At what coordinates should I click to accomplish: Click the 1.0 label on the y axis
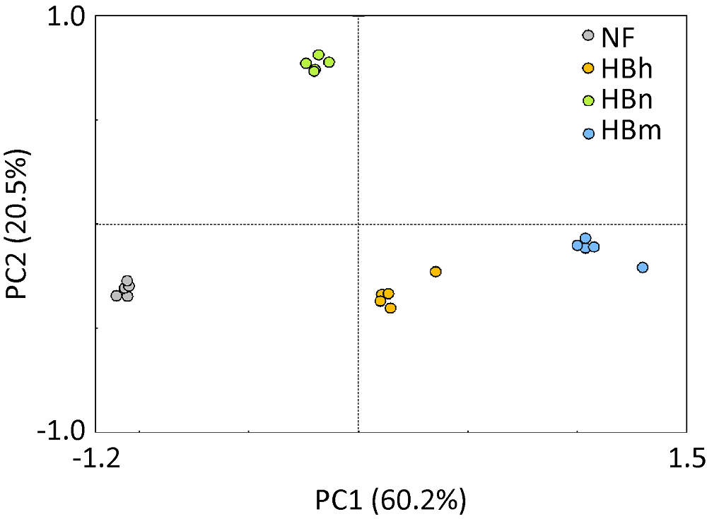(66, 16)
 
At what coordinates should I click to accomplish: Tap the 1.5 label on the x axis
(687, 459)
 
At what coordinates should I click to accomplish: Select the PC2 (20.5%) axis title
(16, 223)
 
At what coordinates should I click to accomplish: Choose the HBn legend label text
(626, 100)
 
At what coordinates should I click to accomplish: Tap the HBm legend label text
(631, 132)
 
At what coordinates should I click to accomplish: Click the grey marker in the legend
(588, 35)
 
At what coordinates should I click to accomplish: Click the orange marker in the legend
(588, 68)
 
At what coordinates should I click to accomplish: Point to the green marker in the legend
(588, 100)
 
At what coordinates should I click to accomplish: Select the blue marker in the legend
(588, 133)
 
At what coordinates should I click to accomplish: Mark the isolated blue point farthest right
(643, 267)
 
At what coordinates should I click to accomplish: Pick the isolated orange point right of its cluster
(436, 272)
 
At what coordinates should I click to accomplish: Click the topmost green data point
(318, 55)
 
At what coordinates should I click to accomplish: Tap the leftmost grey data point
(117, 295)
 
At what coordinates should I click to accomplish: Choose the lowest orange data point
(390, 308)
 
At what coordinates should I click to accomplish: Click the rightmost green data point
(329, 62)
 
